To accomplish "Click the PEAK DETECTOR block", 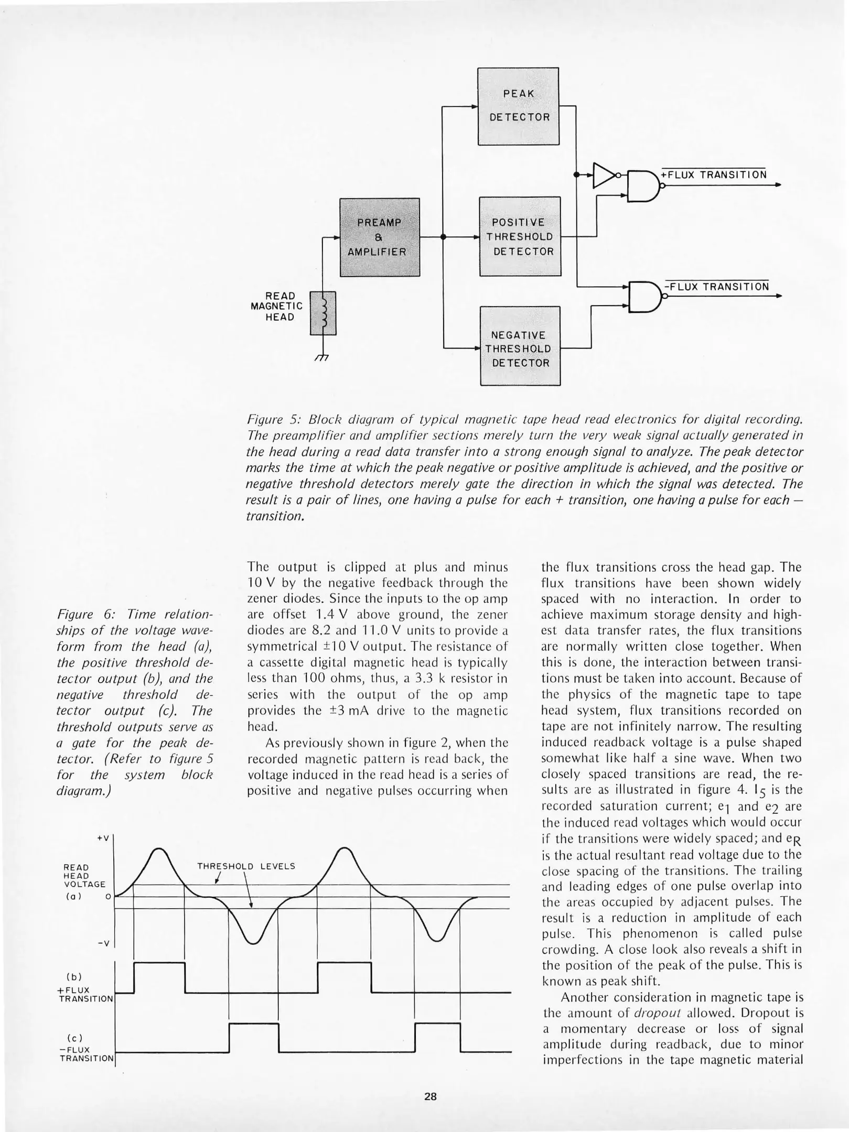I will coord(518,106).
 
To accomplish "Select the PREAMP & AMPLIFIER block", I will coord(380,237).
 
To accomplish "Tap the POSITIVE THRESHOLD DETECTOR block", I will coord(520,236).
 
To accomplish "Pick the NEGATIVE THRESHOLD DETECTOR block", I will coord(520,346).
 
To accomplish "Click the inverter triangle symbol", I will coord(604,175).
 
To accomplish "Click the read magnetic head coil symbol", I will coord(324,313).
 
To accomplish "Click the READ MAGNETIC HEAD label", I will coord(276,306).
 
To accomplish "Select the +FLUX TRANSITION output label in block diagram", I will coord(713,175).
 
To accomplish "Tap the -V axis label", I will coord(103,943).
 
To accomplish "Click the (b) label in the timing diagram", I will coord(73,976).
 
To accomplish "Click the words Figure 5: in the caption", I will coord(274,420).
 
